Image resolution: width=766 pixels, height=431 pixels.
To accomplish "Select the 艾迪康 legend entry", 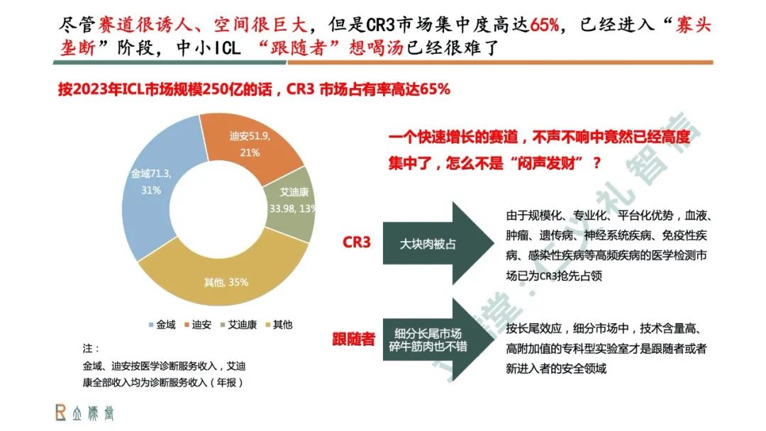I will click(x=240, y=325).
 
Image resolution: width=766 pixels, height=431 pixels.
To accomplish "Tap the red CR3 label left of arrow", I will click(x=357, y=242).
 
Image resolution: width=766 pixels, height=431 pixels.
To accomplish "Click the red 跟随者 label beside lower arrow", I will click(x=353, y=338).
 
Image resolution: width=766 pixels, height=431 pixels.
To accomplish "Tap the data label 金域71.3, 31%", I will click(x=151, y=181).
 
